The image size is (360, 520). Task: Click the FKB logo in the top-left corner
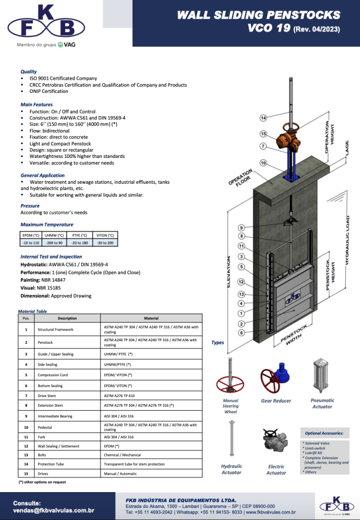pyautogui.click(x=46, y=23)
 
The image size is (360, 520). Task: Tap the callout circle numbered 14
pyautogui.click(x=263, y=118)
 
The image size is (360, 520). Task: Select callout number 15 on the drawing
pyautogui.click(x=263, y=134)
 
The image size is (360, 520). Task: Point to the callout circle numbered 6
pyautogui.click(x=242, y=333)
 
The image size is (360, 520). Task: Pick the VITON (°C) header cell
pyautogui.click(x=105, y=235)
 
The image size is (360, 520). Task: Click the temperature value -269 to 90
pyautogui.click(x=54, y=243)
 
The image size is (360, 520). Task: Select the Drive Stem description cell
pyautogui.click(x=48, y=396)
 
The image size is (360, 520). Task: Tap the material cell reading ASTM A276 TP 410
pyautogui.click(x=122, y=396)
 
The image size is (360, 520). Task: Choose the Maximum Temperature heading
pyautogui.click(x=47, y=224)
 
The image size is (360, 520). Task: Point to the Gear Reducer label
pyautogui.click(x=276, y=401)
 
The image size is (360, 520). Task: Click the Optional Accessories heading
pyautogui.click(x=324, y=433)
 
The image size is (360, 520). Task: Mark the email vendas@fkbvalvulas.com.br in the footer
pyautogui.click(x=53, y=510)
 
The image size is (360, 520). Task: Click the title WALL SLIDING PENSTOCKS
pyautogui.click(x=258, y=15)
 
